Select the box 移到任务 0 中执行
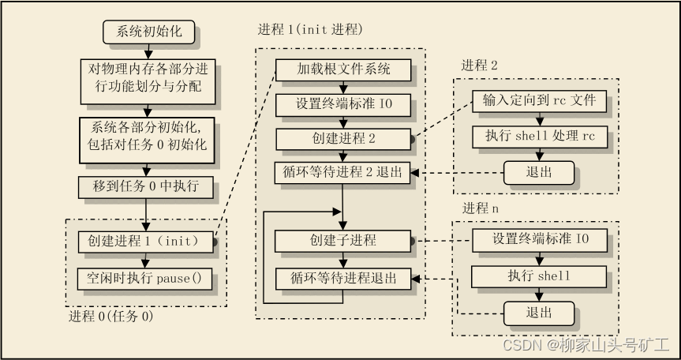pyautogui.click(x=146, y=187)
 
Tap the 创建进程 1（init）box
pyautogui.click(x=146, y=240)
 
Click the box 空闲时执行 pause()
pyautogui.click(x=146, y=279)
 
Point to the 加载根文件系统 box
pyautogui.click(x=343, y=69)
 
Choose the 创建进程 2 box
pyautogui.click(x=343, y=139)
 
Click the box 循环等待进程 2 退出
pyautogui.click(x=343, y=173)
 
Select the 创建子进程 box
pyautogui.click(x=343, y=240)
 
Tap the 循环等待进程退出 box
pyautogui.click(x=343, y=278)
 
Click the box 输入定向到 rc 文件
pyautogui.click(x=539, y=101)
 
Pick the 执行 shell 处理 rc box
pyautogui.click(x=539, y=136)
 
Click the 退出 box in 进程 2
pyautogui.click(x=539, y=171)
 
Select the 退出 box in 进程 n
pyautogui.click(x=539, y=312)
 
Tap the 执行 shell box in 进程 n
pyautogui.click(x=539, y=276)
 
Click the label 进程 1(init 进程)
pyautogui.click(x=309, y=30)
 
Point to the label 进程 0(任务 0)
pyautogui.click(x=110, y=317)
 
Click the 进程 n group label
pyautogui.click(x=481, y=208)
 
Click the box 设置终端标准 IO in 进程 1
pyautogui.click(x=343, y=104)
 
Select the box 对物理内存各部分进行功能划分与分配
pyautogui.click(x=146, y=77)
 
